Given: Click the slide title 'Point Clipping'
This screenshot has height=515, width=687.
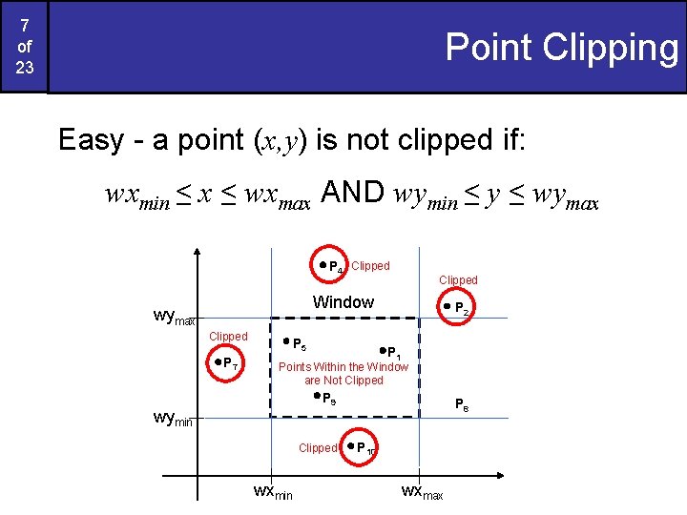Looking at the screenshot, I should click(561, 47).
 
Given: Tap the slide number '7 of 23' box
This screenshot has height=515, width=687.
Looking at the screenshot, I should click(24, 46).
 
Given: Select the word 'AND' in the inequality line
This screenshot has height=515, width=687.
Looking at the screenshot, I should click(352, 194).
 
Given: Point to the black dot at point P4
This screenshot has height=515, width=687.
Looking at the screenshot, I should click(323, 264).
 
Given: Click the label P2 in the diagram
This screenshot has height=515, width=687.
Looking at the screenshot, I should click(461, 309).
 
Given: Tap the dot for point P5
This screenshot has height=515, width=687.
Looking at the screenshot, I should click(285, 340).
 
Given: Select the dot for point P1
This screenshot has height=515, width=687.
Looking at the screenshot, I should click(382, 351).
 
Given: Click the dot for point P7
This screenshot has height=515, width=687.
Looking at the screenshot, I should click(218, 361).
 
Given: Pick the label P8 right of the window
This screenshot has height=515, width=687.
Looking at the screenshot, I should click(461, 404).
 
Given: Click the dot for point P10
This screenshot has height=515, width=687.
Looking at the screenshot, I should click(351, 445).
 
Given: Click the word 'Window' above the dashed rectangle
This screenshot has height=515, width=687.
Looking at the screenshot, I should click(343, 302).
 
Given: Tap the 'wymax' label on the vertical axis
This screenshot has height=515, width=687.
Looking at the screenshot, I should click(175, 315).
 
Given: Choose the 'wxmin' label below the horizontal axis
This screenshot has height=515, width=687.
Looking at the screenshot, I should click(273, 492).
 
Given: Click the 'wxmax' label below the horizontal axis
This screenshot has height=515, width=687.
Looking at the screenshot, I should click(423, 492).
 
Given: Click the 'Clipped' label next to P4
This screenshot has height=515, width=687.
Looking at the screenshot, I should click(370, 266).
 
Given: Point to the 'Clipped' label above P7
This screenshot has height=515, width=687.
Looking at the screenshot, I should click(228, 337).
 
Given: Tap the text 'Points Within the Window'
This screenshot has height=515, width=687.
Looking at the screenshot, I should click(343, 367).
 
